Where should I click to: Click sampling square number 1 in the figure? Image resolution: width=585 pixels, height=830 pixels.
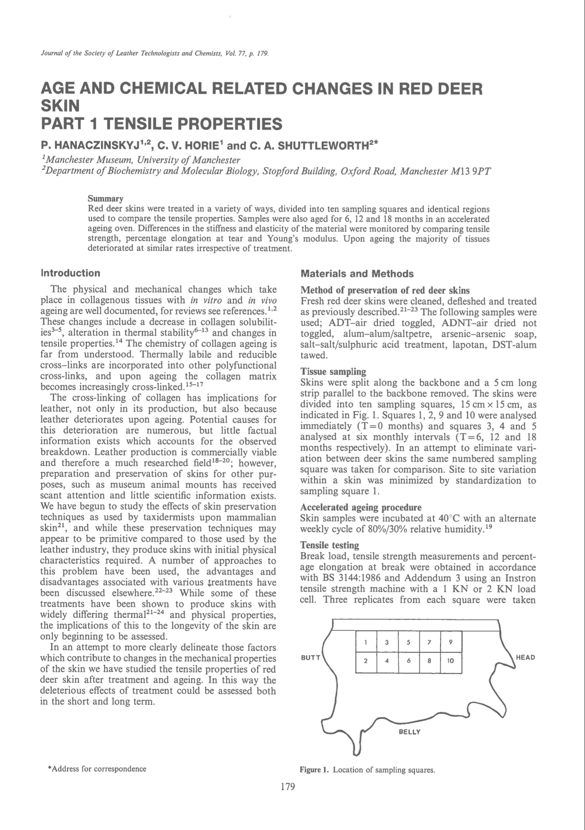(366, 642)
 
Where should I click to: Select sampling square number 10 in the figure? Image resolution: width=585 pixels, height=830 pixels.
(450, 661)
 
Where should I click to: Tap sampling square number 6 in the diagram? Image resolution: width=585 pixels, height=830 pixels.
(408, 661)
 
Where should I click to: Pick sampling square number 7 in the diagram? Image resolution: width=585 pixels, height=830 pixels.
(429, 642)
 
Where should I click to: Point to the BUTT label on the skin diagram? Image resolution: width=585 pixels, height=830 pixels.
(310, 657)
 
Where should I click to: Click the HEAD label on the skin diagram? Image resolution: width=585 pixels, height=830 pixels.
(525, 657)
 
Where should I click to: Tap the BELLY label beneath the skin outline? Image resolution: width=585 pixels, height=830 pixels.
(409, 732)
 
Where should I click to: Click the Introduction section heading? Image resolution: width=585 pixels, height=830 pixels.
(70, 273)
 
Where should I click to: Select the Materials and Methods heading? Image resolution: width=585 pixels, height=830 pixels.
(357, 274)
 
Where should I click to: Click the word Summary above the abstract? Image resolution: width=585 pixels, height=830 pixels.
(105, 199)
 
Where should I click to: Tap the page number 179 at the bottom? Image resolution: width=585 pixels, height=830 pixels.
(287, 786)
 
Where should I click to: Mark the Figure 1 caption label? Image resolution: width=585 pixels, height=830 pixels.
(315, 770)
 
